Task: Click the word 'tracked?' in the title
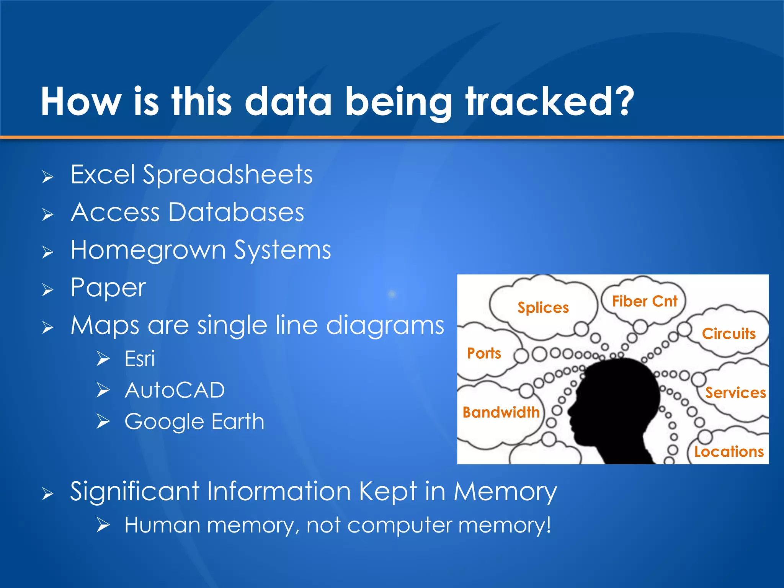pos(550,101)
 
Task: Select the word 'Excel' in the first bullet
pos(103,175)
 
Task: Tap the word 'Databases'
pos(236,212)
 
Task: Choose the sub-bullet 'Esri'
pos(140,359)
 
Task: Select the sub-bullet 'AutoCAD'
pos(175,390)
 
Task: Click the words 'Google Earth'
pos(194,421)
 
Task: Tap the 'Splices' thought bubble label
pos(543,308)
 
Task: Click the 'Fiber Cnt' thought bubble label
pos(645,301)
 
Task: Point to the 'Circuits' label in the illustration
pos(728,333)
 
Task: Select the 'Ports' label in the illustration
pos(484,353)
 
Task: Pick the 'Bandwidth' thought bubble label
pos(501,412)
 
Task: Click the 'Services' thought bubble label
pos(735,393)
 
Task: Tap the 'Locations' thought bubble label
pos(729,452)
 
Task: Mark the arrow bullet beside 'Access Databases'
pos(47,214)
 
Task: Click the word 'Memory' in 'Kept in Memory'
pos(505,492)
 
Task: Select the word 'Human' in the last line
pos(162,525)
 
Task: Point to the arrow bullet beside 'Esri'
pos(103,359)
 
